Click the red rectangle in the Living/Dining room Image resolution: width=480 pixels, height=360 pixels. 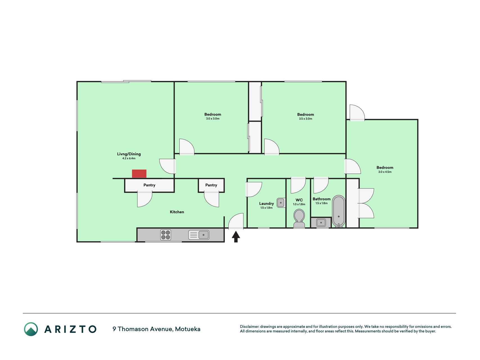[x=139, y=174]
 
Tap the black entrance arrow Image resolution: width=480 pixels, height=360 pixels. [x=236, y=237]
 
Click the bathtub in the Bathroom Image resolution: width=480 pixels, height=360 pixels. [x=339, y=211]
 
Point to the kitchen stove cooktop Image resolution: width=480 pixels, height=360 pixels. [x=166, y=235]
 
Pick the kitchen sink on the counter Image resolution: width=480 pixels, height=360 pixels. [x=199, y=235]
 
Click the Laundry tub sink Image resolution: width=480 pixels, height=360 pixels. [x=281, y=203]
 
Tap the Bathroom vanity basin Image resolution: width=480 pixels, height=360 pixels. [x=321, y=223]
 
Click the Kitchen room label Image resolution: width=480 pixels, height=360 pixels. [x=177, y=212]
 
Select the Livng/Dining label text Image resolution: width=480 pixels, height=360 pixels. [x=129, y=154]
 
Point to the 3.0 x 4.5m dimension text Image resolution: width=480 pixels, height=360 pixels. [x=385, y=172]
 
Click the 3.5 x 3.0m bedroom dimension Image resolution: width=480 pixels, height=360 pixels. [x=306, y=119]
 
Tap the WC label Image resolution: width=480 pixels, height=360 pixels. [x=299, y=200]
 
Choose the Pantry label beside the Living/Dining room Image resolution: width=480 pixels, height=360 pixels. [x=149, y=185]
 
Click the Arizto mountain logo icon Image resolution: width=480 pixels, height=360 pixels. [x=31, y=329]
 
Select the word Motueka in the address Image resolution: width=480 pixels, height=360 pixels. [x=188, y=329]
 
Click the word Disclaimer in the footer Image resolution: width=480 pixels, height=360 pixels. [x=249, y=327]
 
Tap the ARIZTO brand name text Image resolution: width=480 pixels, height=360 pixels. [x=70, y=329]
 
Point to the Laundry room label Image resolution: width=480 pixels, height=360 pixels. [x=267, y=204]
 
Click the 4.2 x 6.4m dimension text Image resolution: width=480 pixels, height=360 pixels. [x=129, y=158]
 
